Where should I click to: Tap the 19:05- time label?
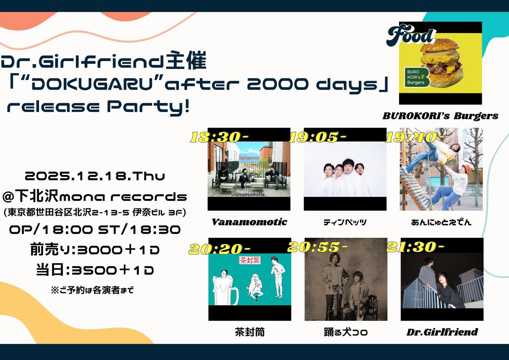click(x=318, y=137)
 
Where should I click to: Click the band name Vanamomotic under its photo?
click(x=249, y=222)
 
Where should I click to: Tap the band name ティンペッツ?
click(x=346, y=222)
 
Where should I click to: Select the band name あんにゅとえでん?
click(x=442, y=222)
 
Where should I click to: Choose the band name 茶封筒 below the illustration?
click(x=249, y=332)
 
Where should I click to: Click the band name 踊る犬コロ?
click(x=346, y=332)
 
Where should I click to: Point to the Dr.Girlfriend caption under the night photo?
click(x=442, y=332)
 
